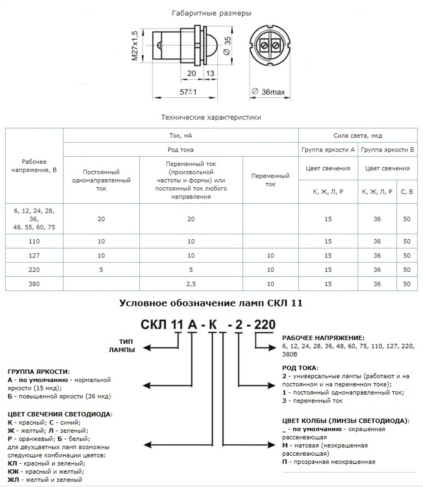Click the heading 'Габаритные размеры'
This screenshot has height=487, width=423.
tap(211, 13)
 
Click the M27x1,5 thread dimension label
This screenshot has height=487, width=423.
tap(135, 45)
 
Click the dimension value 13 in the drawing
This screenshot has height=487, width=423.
tap(210, 73)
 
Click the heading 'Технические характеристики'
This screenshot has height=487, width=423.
tap(211, 117)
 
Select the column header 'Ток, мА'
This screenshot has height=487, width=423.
tap(181, 136)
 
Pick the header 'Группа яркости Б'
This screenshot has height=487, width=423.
tap(387, 150)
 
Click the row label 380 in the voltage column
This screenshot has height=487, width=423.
tap(34, 284)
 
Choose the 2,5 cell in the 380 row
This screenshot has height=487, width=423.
tap(191, 284)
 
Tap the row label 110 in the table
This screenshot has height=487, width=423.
tap(34, 241)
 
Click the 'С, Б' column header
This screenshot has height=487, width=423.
tap(407, 192)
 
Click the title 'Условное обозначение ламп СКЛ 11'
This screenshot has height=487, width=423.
tap(211, 303)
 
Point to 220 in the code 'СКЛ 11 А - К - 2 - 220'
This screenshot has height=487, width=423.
tap(263, 325)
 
